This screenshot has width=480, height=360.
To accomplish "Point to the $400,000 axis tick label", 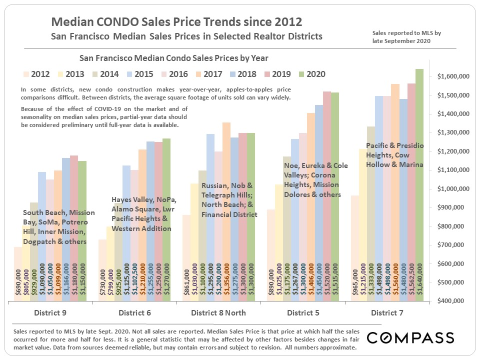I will pos(454,301).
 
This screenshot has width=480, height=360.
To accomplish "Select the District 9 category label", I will pos(50,313).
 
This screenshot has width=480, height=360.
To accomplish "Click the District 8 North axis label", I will pos(218,313).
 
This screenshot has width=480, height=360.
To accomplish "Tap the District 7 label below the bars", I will pos(388,313).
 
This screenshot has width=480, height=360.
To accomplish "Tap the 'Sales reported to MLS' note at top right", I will pos(406,37).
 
